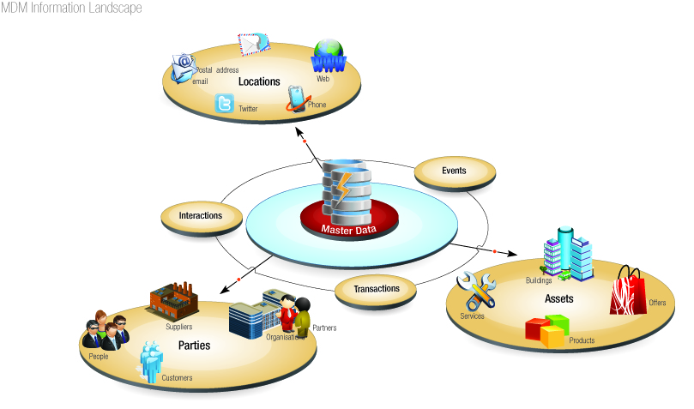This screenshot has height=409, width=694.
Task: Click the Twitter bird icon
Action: (x=226, y=105)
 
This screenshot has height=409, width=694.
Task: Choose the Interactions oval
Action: (x=201, y=216)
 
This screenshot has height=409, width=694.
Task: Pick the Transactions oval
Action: (x=377, y=289)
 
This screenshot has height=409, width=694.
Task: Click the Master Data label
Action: (x=349, y=230)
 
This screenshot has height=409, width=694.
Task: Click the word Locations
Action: (x=259, y=82)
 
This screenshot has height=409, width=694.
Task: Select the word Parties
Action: (x=195, y=346)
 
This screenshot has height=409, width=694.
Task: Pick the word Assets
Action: (x=558, y=299)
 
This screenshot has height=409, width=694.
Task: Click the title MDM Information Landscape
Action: (x=72, y=8)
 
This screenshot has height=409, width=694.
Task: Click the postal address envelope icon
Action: (x=254, y=44)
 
